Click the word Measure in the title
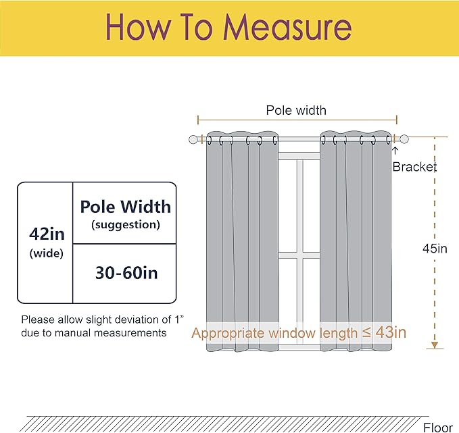click(287, 27)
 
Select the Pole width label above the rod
click(296, 110)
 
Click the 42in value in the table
click(47, 234)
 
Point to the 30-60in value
click(126, 273)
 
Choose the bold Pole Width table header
click(126, 207)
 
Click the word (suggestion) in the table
click(126, 225)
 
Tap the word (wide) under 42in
click(47, 253)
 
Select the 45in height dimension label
click(435, 249)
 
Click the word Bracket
click(414, 167)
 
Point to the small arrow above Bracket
click(395, 151)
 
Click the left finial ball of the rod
click(193, 140)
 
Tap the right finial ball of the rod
click(404, 139)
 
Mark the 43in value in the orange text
click(391, 332)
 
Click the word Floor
click(438, 428)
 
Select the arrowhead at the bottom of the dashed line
click(435, 345)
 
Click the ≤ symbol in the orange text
click(366, 332)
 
